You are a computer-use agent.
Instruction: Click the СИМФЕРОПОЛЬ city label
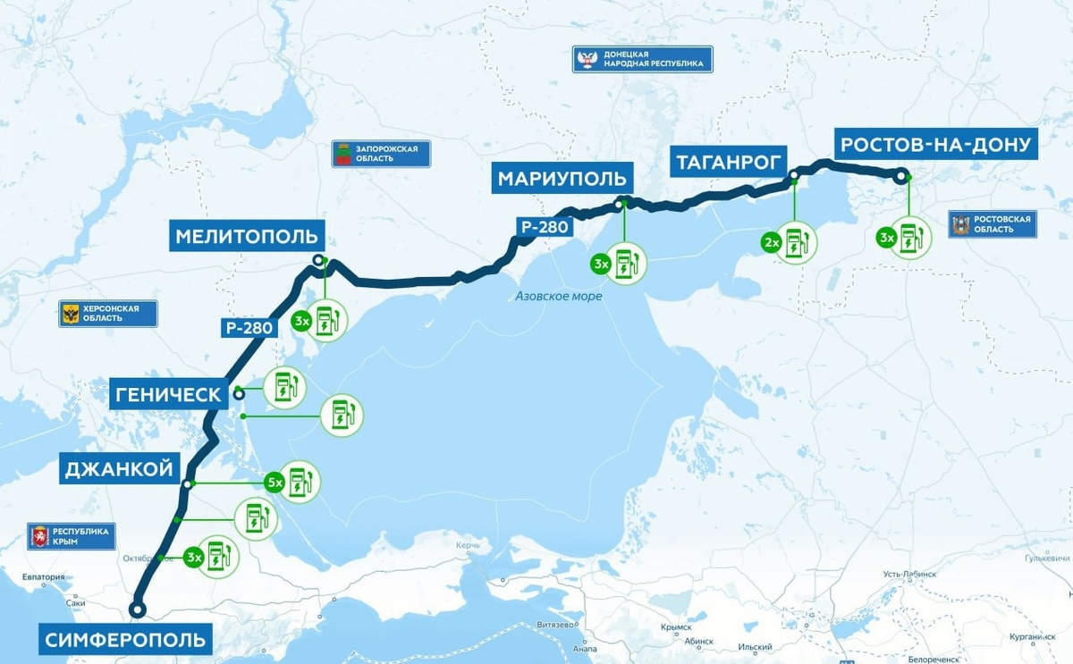point(126,640)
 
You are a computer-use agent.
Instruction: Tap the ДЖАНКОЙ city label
point(118,469)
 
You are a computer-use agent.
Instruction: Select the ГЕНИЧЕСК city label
point(166,394)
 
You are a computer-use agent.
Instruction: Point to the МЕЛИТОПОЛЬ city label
point(248,237)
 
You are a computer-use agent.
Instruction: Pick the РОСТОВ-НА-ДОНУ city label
point(936,144)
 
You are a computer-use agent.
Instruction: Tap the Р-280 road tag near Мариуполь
point(545,227)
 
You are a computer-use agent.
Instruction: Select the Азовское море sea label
point(558,296)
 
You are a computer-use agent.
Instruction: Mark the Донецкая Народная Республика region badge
point(643,60)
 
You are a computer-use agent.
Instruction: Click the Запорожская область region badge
point(381,154)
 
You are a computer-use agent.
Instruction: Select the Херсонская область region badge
point(108,314)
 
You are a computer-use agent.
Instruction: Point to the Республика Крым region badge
point(72,536)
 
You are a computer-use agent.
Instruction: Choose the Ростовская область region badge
point(993,224)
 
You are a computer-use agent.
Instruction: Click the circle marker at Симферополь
point(137,609)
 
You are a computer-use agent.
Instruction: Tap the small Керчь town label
point(468,545)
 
